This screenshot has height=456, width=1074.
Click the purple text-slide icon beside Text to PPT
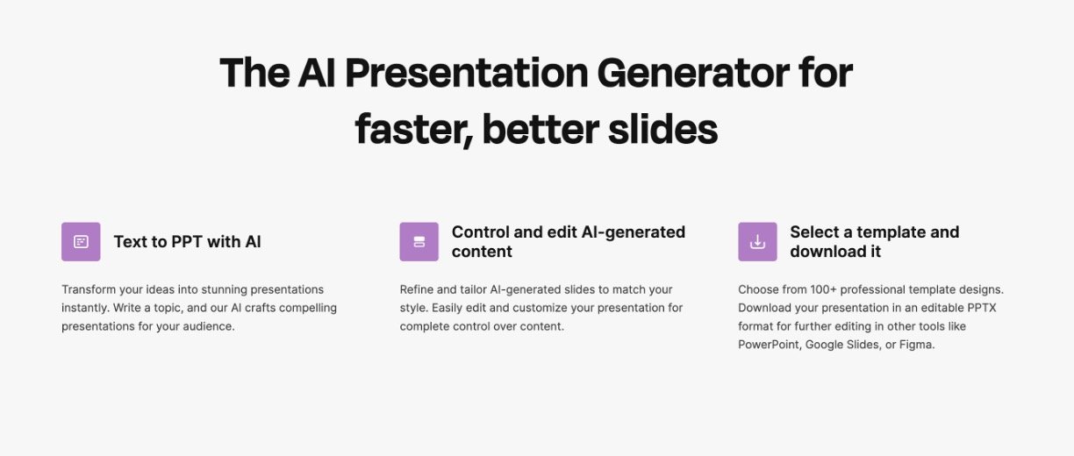coord(81,241)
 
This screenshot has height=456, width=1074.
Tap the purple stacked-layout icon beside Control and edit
coord(419,241)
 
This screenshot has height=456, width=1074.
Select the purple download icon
coord(757,241)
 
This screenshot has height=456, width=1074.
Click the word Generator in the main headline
coord(693,73)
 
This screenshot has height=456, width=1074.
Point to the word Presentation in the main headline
coord(467,73)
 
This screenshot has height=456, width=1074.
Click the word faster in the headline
coord(414,129)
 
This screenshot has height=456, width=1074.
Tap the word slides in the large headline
coord(663,128)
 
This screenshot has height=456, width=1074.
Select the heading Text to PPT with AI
coord(187,242)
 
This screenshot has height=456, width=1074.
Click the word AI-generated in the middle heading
coord(634,232)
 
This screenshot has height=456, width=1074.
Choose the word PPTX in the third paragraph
coord(982,308)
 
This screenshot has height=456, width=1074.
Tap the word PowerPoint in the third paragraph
coord(770,345)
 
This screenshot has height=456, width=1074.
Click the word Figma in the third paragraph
coord(917,345)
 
